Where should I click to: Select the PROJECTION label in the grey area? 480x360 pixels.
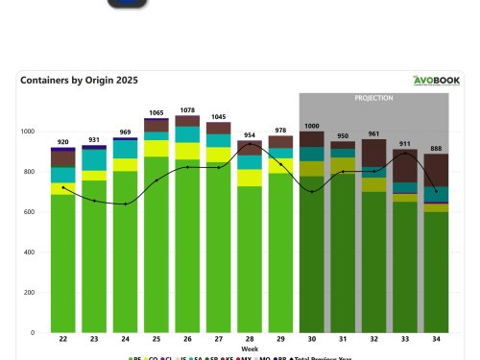click(x=373, y=98)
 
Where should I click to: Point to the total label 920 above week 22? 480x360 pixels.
click(x=63, y=141)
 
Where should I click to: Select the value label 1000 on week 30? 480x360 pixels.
click(x=311, y=126)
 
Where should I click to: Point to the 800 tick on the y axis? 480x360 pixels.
click(x=28, y=172)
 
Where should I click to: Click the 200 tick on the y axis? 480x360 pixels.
click(x=28, y=293)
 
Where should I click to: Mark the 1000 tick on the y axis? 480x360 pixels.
click(x=26, y=132)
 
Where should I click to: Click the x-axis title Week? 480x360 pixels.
click(x=249, y=349)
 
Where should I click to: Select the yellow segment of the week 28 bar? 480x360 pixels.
click(x=250, y=178)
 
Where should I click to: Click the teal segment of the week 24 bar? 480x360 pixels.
click(x=126, y=149)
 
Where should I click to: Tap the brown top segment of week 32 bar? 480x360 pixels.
click(x=373, y=153)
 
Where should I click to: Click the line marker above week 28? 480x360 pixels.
click(x=250, y=145)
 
